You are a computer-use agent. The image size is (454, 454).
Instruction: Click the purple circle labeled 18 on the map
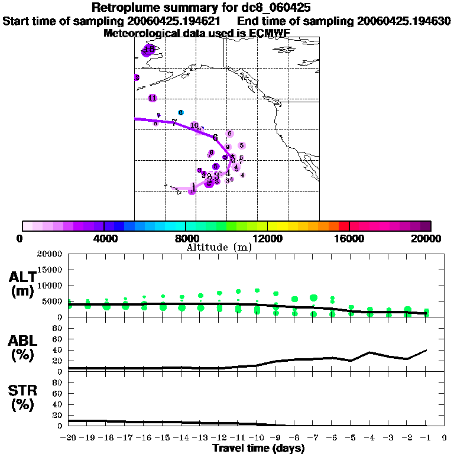click(150, 50)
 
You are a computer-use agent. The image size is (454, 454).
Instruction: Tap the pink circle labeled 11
click(153, 98)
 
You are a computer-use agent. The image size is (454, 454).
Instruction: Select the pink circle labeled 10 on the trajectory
click(194, 125)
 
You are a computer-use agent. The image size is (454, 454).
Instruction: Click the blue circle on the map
click(181, 112)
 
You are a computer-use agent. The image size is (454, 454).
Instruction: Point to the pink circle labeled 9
click(228, 147)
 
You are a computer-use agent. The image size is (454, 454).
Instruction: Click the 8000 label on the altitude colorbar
click(185, 239)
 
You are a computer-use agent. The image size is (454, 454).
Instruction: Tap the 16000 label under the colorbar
click(349, 239)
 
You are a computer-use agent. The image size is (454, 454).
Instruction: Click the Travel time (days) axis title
click(258, 449)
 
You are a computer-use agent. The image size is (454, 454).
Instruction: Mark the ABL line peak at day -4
click(369, 352)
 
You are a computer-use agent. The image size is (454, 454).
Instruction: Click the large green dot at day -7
click(313, 297)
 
